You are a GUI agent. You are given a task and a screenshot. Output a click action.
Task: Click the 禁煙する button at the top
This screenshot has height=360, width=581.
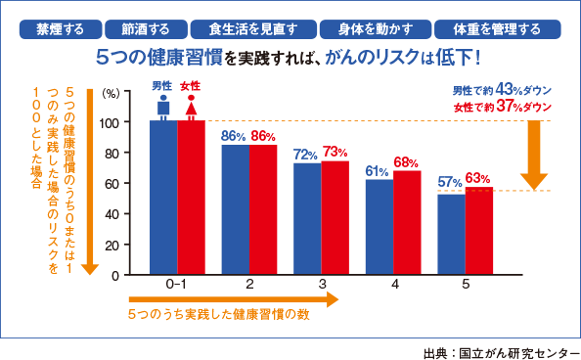pyautogui.click(x=54, y=28)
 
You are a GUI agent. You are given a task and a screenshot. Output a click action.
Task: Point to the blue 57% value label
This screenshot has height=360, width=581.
pyautogui.click(x=451, y=182)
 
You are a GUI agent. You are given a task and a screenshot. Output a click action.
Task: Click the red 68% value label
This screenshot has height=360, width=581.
pyautogui.click(x=407, y=162)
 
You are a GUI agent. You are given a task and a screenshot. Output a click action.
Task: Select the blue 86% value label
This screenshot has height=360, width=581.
pyautogui.click(x=233, y=136)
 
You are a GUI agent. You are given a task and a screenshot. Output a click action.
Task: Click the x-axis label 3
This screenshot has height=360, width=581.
pyautogui.click(x=321, y=285)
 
